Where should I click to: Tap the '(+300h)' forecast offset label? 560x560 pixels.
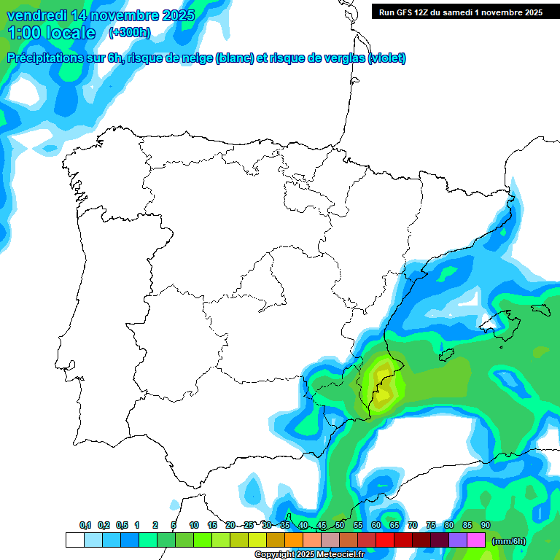(x=129, y=32)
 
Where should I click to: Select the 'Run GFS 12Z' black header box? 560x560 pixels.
(x=460, y=12)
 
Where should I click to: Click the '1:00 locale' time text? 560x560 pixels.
(x=51, y=33)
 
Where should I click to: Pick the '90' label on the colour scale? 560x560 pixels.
(x=486, y=525)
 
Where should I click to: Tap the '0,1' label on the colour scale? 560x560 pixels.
(x=85, y=525)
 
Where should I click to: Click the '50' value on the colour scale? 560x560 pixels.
(x=340, y=525)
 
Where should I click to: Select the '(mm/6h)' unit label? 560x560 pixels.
(x=509, y=540)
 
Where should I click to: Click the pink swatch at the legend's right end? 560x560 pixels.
(x=476, y=540)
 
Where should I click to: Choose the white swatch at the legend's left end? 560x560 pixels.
(x=74, y=540)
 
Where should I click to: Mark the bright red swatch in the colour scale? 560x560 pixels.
(x=385, y=540)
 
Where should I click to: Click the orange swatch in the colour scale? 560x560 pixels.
(x=294, y=540)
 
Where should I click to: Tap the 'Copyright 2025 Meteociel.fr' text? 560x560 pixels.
(x=309, y=555)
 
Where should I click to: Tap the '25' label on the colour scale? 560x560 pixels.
(x=249, y=525)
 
